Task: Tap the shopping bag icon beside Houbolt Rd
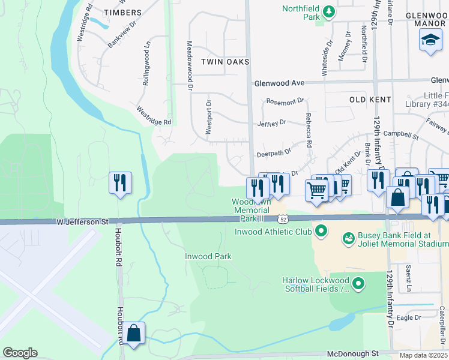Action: click(x=135, y=333)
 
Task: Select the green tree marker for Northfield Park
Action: click(x=328, y=11)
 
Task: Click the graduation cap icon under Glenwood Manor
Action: click(x=430, y=41)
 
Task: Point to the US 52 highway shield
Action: click(x=282, y=221)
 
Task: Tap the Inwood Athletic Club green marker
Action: click(x=321, y=230)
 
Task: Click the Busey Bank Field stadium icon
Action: click(x=348, y=239)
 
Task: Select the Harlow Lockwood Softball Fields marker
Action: click(x=358, y=283)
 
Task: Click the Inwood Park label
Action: click(x=208, y=256)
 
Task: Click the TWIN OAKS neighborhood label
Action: click(x=225, y=62)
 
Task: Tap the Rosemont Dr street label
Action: click(x=285, y=102)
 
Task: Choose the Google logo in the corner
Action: click(x=20, y=353)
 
